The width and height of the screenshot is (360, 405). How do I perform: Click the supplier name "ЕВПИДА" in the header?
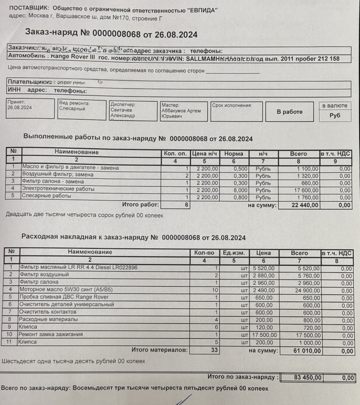[201, 10]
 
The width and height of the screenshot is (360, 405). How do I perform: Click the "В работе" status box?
[289, 112]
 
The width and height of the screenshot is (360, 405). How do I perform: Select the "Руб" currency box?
[335, 115]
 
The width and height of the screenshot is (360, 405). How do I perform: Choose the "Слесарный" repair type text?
[72, 109]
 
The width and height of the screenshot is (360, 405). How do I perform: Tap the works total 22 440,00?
[304, 205]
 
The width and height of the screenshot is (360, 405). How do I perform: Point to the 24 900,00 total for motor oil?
[306, 290]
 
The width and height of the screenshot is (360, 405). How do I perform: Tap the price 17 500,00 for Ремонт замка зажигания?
[264, 335]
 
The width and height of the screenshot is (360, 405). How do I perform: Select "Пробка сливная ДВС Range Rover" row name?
[64, 297]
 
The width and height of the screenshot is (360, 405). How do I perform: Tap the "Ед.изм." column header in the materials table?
[234, 253]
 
